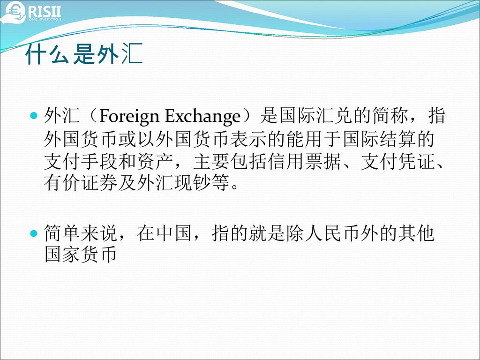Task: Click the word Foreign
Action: point(129,117)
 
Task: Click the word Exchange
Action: point(202,117)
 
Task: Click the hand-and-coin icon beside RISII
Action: point(13,12)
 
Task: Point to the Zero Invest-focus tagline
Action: point(45,19)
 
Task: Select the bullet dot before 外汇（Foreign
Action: point(34,116)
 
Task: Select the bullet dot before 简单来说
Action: point(34,233)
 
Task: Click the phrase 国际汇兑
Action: point(316,116)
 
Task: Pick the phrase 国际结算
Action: point(379,139)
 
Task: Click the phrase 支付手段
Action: point(81,162)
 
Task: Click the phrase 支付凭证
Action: point(397,162)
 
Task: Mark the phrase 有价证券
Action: point(81,183)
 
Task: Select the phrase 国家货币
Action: point(81,254)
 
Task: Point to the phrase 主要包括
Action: point(230,162)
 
